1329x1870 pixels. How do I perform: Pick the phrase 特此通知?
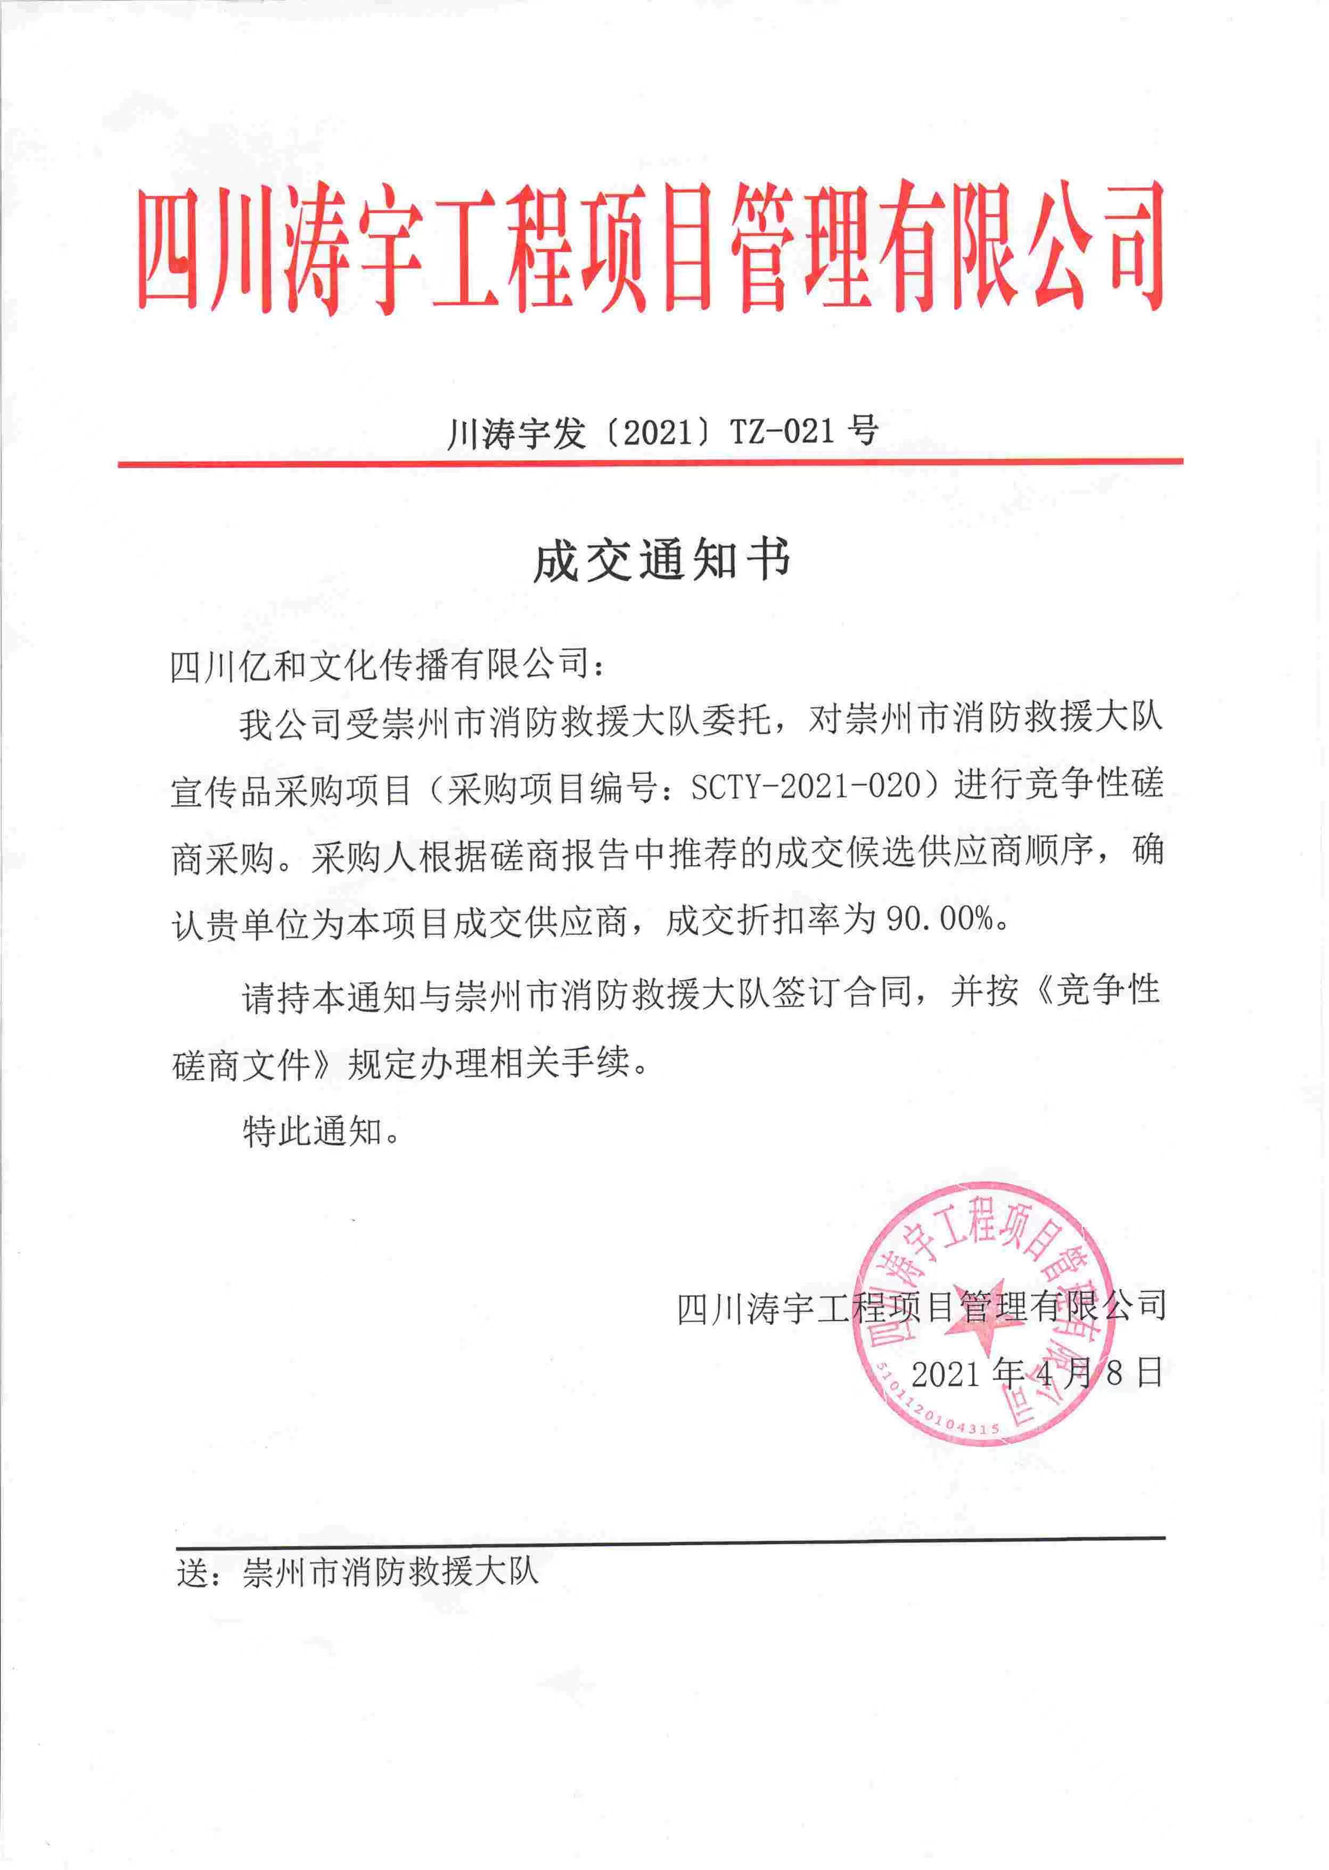312,1132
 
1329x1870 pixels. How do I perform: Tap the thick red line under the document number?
651,463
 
